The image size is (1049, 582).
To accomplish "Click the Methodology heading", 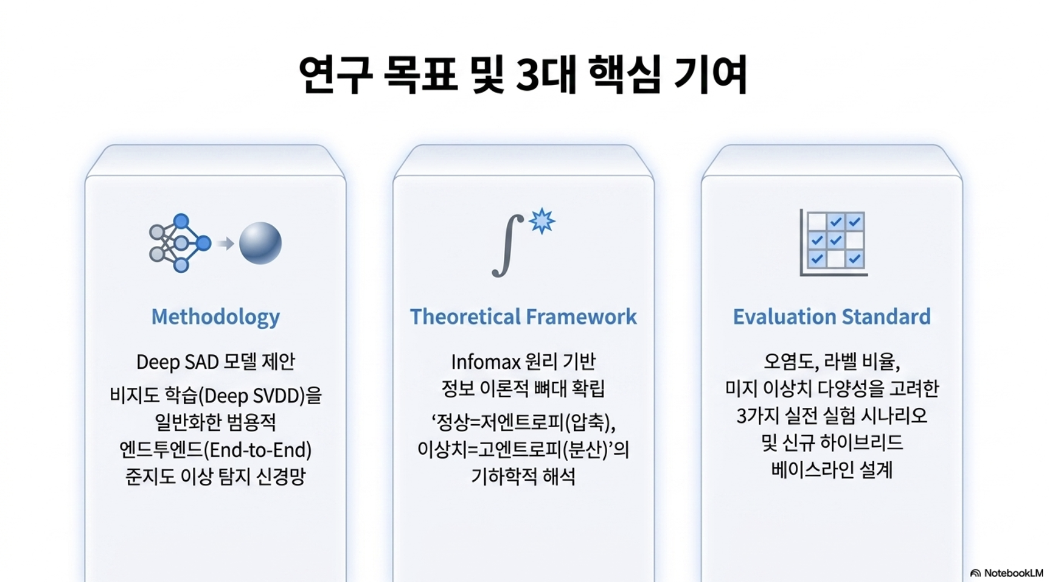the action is pos(215,317).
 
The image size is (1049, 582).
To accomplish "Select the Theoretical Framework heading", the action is pos(523,316).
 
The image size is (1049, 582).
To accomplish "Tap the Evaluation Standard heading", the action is pos(832,316).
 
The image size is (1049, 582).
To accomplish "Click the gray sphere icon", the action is pos(260,243).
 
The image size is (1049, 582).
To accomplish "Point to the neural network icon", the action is pos(180,243).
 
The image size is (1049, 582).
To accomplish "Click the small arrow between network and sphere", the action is pos(225,243).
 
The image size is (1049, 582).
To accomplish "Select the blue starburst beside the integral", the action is pos(542,221).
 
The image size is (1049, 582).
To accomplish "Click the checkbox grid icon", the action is pos(834,242).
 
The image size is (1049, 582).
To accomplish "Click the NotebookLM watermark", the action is pos(1007,573).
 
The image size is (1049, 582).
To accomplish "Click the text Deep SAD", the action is pos(177,362).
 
